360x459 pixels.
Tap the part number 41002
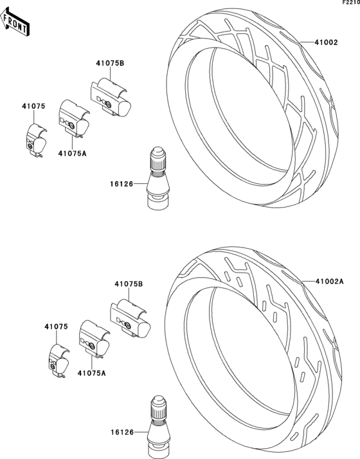326,42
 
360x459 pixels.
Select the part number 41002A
330,282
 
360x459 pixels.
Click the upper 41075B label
110,63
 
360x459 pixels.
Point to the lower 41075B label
129,284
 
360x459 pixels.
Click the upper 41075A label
72,153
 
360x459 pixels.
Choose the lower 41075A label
92,373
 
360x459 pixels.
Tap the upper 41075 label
33,106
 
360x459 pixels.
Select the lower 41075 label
56,327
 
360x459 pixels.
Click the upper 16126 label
122,184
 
